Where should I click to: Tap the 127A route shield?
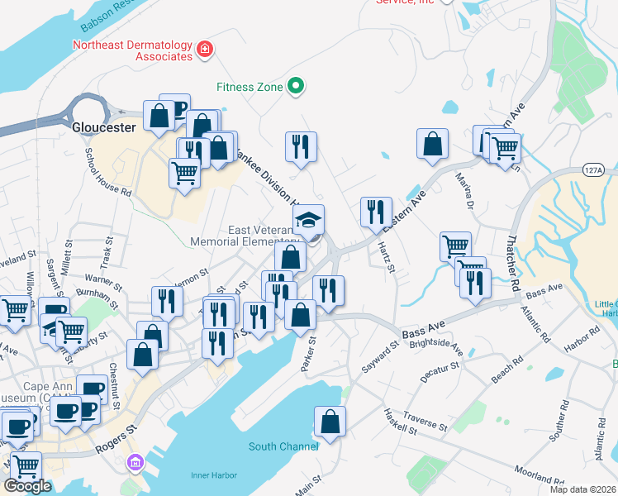click(x=592, y=169)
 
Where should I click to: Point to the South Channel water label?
click(x=283, y=446)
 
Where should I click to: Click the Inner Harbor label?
click(x=214, y=475)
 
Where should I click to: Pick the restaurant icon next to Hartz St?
click(x=376, y=212)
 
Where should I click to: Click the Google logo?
click(x=27, y=486)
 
